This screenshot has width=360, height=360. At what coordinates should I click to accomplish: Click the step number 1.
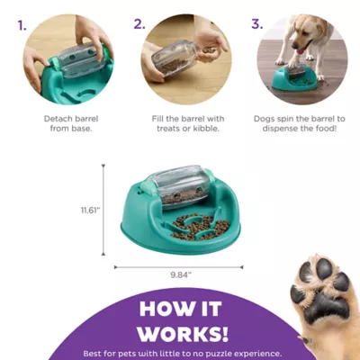[20, 24]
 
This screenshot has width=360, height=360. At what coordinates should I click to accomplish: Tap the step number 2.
[139, 24]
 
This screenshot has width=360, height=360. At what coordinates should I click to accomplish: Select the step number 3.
[257, 24]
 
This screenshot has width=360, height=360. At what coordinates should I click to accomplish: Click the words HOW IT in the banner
[179, 307]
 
